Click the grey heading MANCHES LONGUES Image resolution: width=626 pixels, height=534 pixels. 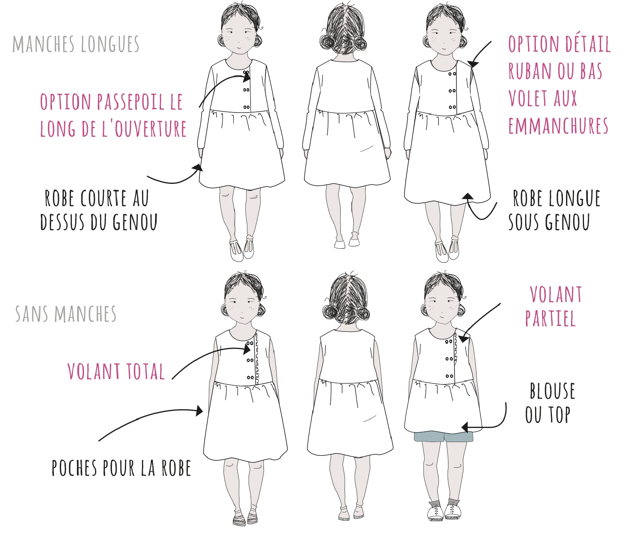(x=76, y=44)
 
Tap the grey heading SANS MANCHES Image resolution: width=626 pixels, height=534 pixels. (x=66, y=314)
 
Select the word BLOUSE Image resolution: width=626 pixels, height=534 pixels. (x=552, y=391)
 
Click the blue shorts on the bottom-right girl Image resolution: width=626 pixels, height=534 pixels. (x=443, y=437)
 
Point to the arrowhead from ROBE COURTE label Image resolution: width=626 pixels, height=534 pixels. (x=198, y=168)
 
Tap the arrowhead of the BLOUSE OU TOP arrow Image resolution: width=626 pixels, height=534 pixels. (x=466, y=426)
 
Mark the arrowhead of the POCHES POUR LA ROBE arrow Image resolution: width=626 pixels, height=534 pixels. (x=199, y=411)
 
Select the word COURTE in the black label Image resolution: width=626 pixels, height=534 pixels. (x=103, y=198)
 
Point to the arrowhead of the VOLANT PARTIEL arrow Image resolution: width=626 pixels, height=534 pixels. (x=464, y=338)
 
